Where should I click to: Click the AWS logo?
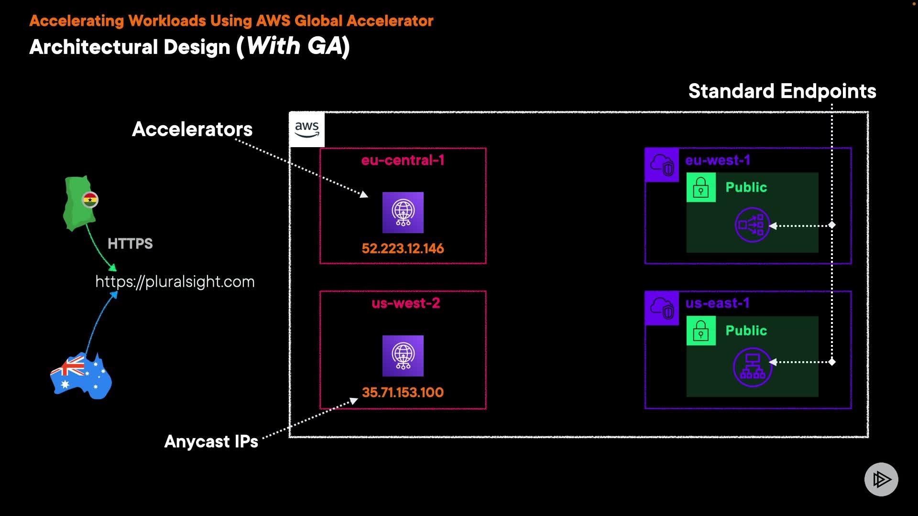[306, 129]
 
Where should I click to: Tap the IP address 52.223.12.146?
[403, 248]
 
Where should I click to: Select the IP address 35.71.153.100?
[403, 392]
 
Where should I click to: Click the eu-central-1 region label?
[403, 160]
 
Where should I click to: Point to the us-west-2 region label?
[405, 303]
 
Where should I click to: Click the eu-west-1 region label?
[717, 160]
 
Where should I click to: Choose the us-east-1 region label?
[717, 303]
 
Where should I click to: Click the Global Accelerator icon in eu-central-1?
[403, 213]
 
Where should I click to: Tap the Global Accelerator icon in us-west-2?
[403, 356]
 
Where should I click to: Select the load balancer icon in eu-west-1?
[752, 225]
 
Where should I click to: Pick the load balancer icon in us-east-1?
[753, 367]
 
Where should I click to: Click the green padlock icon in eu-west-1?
[701, 187]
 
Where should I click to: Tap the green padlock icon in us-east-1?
[701, 331]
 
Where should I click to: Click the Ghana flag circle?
[90, 200]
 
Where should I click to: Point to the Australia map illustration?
[81, 376]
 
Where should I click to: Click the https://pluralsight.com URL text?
[175, 282]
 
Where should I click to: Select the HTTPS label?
[130, 244]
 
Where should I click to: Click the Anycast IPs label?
[211, 441]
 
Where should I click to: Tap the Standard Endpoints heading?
[782, 91]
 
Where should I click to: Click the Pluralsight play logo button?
[881, 479]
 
